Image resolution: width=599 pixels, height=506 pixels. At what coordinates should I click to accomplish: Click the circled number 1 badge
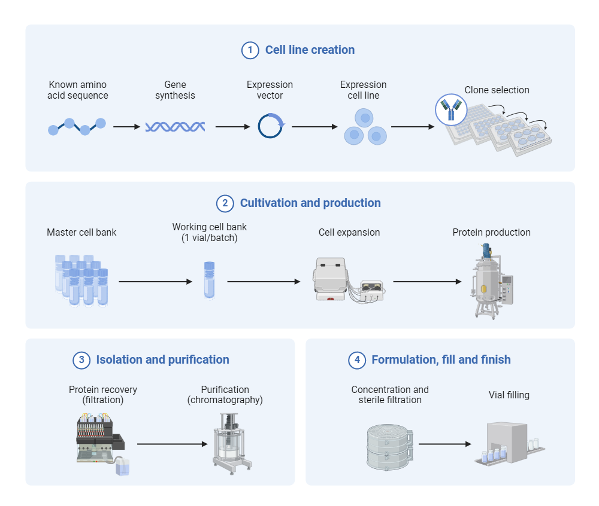(250, 50)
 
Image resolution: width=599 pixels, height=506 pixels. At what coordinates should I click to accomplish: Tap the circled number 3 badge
(81, 360)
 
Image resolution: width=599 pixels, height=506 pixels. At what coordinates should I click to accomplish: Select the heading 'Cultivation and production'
(310, 203)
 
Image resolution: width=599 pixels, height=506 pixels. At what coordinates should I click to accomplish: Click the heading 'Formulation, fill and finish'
(441, 360)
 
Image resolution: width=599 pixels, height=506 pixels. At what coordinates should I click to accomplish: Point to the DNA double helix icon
(175, 126)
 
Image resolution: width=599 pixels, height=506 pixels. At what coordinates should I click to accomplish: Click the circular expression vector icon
(271, 126)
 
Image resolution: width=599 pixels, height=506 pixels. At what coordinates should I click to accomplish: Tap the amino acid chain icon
(77, 126)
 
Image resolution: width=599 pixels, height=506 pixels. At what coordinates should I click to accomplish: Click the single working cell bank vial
(208, 279)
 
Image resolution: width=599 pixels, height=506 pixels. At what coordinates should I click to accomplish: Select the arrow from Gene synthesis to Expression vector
(232, 127)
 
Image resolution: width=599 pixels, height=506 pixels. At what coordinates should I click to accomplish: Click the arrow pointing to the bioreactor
(427, 282)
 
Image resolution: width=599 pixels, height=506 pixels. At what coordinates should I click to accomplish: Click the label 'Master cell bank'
(81, 232)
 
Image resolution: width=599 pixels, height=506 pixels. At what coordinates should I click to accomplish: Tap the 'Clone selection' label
(497, 90)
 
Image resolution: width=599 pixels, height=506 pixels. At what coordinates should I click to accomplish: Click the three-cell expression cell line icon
(364, 127)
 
